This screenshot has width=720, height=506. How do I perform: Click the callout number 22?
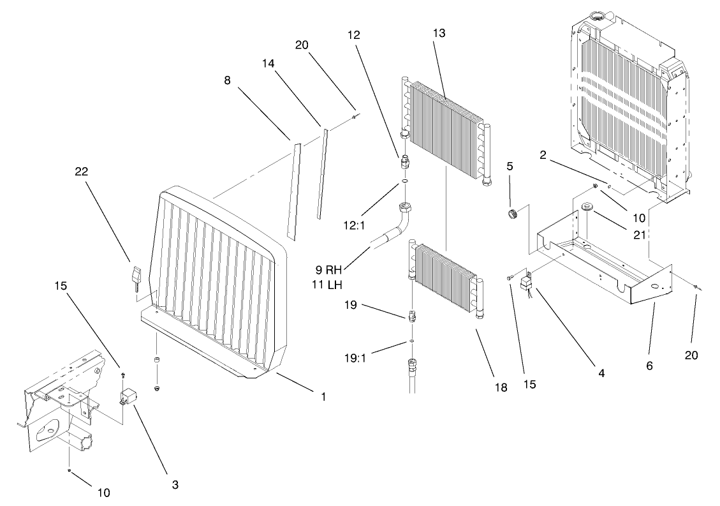[81, 172]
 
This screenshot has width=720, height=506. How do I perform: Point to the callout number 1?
[323, 396]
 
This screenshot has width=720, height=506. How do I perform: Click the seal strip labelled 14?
[322, 174]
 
